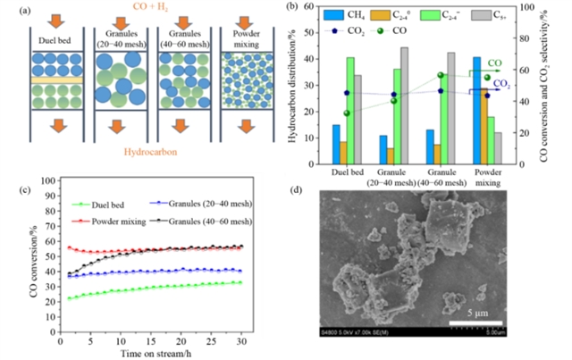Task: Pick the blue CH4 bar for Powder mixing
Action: tap(477, 111)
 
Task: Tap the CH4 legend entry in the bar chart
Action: tap(347, 13)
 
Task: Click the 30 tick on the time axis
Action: tap(241, 341)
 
